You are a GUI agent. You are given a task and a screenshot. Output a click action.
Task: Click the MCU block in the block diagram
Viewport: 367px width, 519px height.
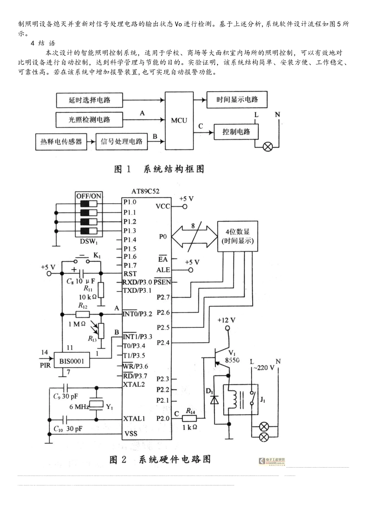pyautogui.click(x=179, y=120)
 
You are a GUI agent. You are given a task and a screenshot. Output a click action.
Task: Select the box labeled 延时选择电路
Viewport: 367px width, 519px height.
pyautogui.click(x=90, y=100)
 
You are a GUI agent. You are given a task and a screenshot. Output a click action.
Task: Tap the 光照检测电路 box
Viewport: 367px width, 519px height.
pyautogui.click(x=90, y=120)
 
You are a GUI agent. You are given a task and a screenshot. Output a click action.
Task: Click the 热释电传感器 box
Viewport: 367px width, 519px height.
pyautogui.click(x=61, y=141)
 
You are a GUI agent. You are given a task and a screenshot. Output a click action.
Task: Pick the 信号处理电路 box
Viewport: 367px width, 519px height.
pyautogui.click(x=121, y=141)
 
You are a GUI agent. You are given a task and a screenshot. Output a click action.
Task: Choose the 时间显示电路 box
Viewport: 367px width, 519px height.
pyautogui.click(x=237, y=100)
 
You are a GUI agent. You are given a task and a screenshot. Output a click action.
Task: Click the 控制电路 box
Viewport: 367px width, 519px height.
pyautogui.click(x=236, y=132)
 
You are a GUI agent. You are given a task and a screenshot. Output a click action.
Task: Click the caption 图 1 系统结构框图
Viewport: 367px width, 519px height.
pyautogui.click(x=159, y=169)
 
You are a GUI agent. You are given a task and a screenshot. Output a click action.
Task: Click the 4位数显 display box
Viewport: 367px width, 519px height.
pyautogui.click(x=238, y=236)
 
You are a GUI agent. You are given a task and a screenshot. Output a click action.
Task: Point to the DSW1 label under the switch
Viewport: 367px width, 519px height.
pyautogui.click(x=89, y=242)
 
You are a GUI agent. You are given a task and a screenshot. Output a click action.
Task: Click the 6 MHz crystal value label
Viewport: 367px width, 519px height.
pyautogui.click(x=79, y=407)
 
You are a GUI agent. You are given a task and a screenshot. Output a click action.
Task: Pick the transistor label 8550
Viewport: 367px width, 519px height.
pyautogui.click(x=232, y=360)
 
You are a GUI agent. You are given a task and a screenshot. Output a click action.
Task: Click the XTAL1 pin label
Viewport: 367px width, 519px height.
pyautogui.click(x=134, y=419)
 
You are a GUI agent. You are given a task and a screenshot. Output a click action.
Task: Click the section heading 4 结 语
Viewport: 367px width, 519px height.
pyautogui.click(x=43, y=43)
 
